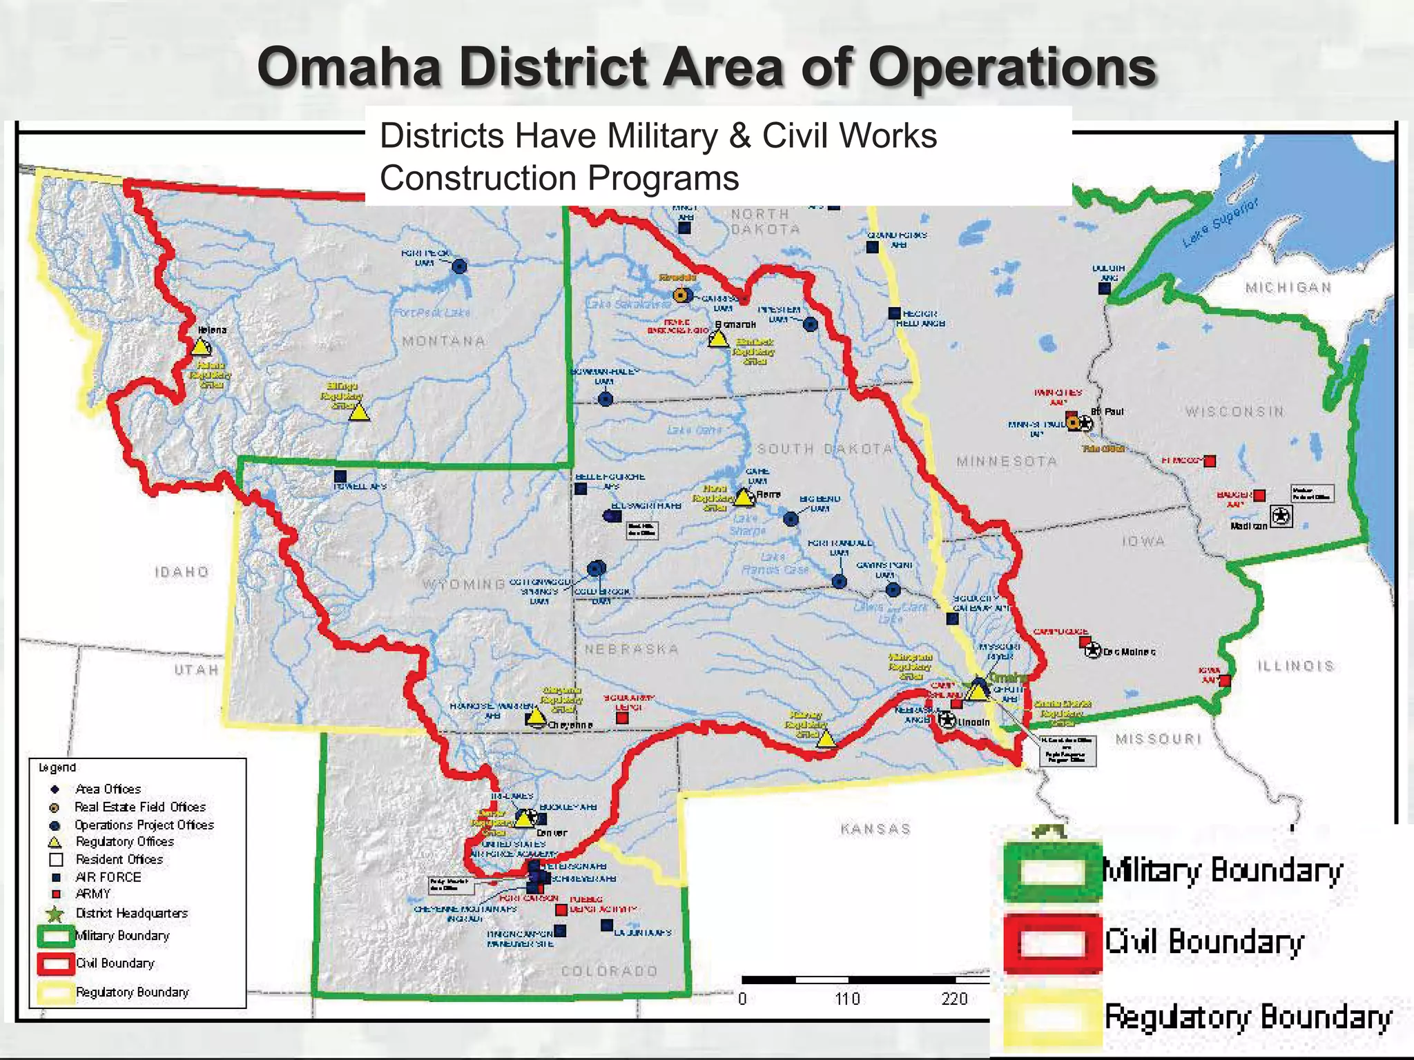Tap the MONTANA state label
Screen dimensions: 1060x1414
click(443, 341)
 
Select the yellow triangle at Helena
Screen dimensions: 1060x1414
click(200, 347)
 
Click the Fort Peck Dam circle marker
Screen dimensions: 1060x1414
click(459, 266)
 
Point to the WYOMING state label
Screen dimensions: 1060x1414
click(463, 585)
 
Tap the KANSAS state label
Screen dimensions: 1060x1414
click(875, 829)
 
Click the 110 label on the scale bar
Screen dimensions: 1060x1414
click(847, 999)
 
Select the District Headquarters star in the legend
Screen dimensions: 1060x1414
click(56, 914)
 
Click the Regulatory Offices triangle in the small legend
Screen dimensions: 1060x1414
click(55, 843)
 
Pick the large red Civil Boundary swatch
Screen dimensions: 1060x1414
click(1052, 943)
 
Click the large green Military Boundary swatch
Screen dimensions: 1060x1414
click(1052, 871)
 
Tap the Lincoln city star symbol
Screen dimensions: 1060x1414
click(947, 720)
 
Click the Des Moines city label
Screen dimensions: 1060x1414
click(1129, 651)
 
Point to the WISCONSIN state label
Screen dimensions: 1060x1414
click(1235, 412)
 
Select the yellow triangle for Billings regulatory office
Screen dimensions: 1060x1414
click(358, 413)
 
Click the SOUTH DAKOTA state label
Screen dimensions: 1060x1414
click(825, 449)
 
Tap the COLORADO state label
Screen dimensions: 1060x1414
click(609, 971)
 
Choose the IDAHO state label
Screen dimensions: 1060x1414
click(182, 571)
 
